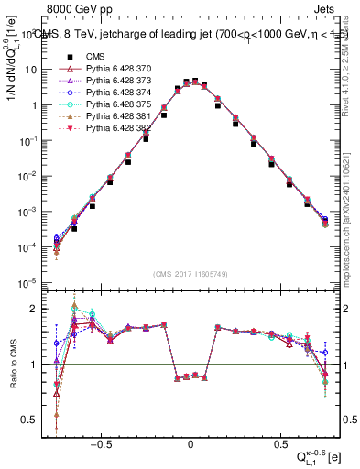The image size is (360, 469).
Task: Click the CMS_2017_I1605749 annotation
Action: (x=190, y=274)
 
